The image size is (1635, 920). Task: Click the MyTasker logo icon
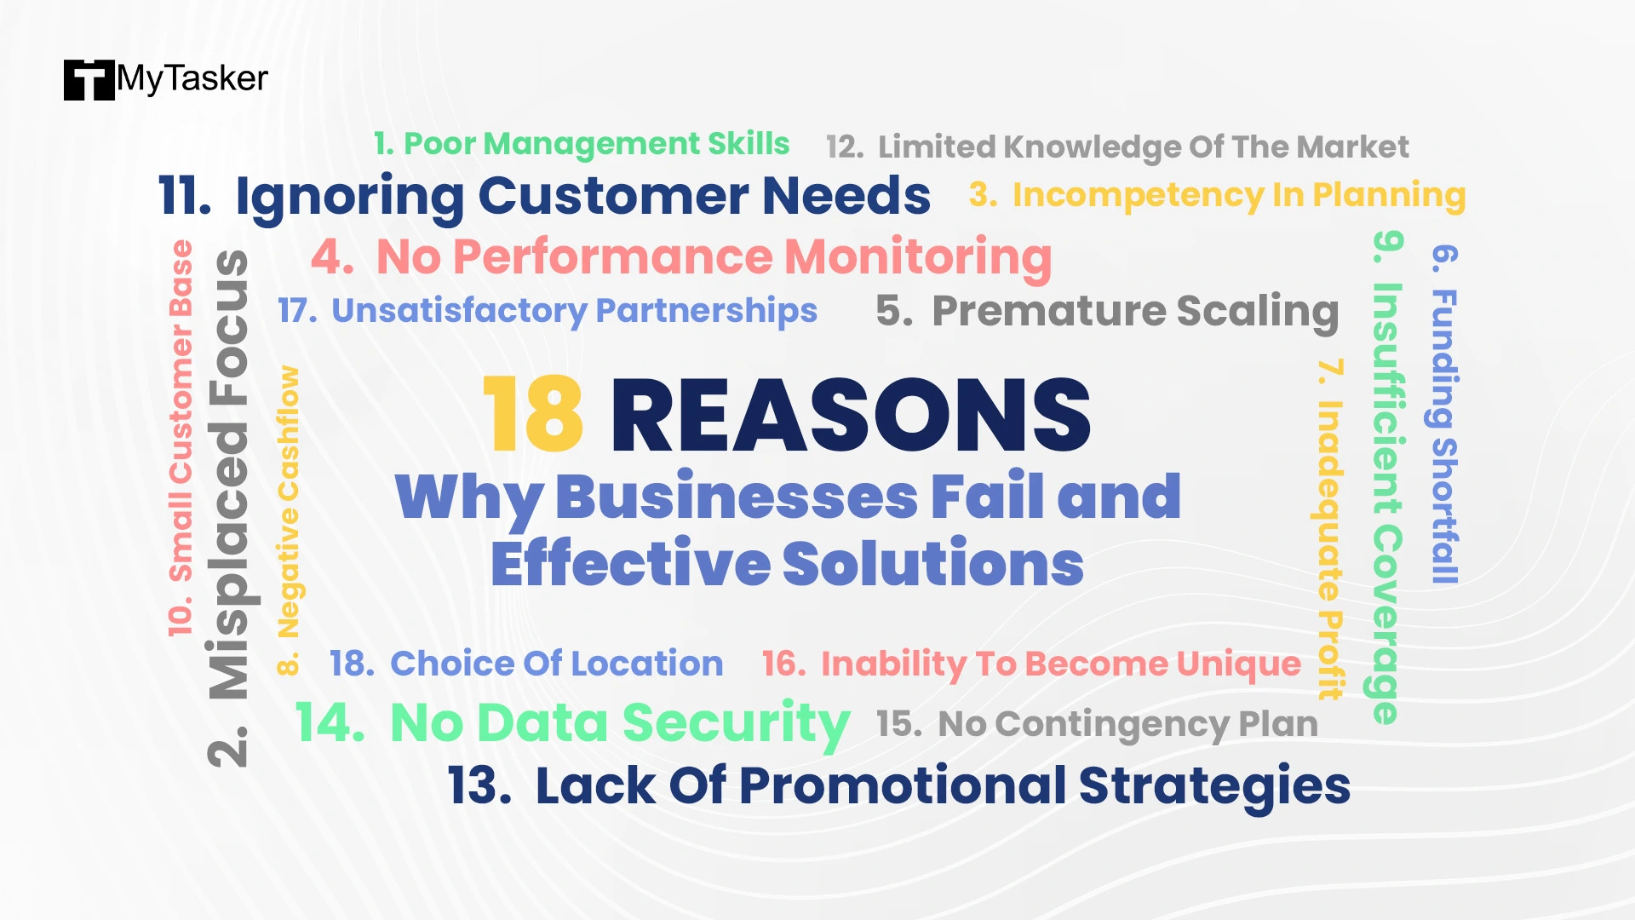pos(89,80)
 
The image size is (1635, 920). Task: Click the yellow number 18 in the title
pos(533,415)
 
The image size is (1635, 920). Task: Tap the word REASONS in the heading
pos(851,415)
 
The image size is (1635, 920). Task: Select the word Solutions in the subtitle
pos(933,563)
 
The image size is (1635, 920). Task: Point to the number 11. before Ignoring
pos(185,196)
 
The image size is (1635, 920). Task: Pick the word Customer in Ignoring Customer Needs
pos(613,196)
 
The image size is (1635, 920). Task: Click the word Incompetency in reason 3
pos(1138,195)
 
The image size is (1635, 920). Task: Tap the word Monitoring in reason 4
pos(918,257)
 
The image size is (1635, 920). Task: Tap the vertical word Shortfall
pos(1444,510)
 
